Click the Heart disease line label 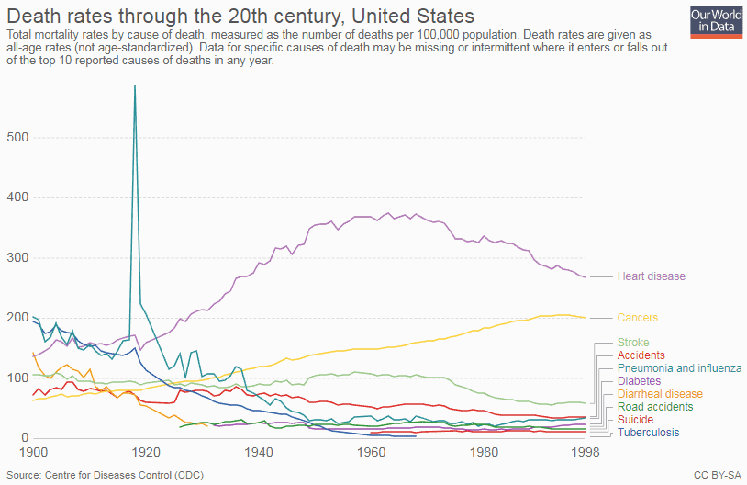pos(652,276)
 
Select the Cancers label pos(638,318)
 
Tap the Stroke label pos(633,343)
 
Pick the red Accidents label pos(641,355)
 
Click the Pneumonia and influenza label pos(679,368)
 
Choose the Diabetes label pos(639,381)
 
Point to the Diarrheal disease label pos(660,394)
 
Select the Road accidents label pos(655,407)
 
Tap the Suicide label pos(635,420)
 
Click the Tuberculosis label pos(649,433)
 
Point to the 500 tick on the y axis pos(18,138)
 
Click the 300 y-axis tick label pos(18,257)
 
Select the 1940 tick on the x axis pos(259,452)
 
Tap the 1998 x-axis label pos(585,452)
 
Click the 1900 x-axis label pos(33,452)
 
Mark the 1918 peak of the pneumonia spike pos(135,85)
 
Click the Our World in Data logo pos(716,22)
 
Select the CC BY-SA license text pos(718,476)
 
